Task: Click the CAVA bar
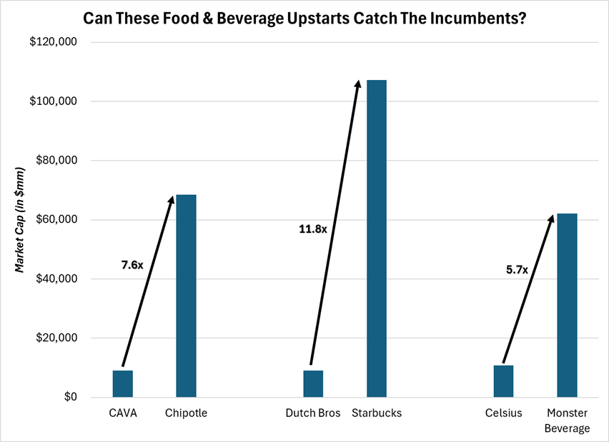(x=123, y=384)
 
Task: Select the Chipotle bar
(x=186, y=296)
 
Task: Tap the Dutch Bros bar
(x=313, y=384)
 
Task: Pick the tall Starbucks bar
(x=377, y=239)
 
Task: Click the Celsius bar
(x=503, y=381)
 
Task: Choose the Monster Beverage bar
(x=567, y=306)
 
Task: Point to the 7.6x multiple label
(x=132, y=265)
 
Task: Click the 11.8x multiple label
(x=312, y=229)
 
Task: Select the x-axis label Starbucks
(x=377, y=413)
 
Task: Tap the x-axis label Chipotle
(x=186, y=413)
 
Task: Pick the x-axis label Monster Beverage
(x=568, y=421)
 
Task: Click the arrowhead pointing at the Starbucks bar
(x=358, y=85)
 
